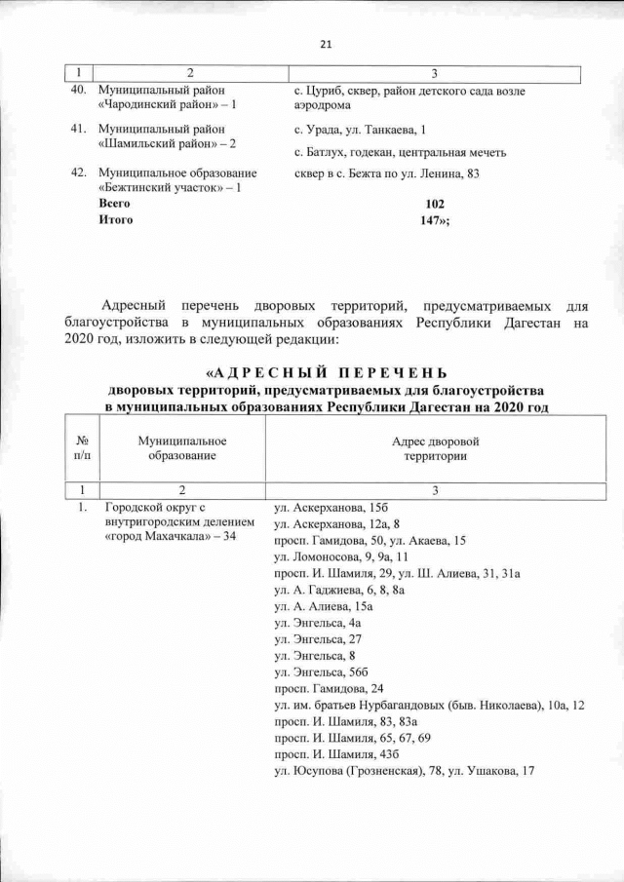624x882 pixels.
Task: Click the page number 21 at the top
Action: [326, 44]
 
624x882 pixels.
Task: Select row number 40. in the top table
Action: [81, 91]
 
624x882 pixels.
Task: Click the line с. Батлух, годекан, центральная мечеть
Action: [400, 152]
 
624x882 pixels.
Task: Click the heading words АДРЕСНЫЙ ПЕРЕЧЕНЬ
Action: [327, 373]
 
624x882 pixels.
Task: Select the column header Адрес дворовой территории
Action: [435, 448]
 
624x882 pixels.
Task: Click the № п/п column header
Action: [82, 448]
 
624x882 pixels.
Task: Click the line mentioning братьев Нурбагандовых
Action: [429, 705]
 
